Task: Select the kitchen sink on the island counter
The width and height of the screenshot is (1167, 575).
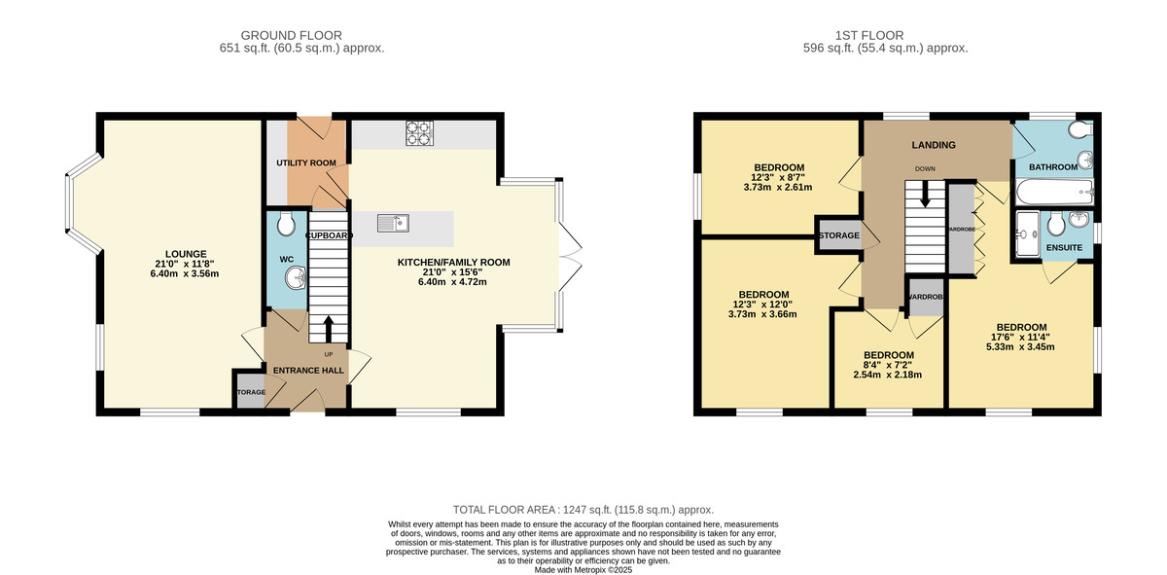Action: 393,224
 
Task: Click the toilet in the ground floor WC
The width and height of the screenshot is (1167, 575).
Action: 286,225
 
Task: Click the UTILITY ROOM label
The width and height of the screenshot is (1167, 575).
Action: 305,162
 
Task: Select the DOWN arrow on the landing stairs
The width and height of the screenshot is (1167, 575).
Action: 925,194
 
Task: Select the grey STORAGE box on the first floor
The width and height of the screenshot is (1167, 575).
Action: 838,235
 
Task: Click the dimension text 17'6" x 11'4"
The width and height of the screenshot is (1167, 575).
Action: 1021,338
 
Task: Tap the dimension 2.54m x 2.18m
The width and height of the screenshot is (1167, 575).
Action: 887,375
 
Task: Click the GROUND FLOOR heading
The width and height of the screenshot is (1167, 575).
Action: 291,35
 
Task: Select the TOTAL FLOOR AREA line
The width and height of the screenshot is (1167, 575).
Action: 583,510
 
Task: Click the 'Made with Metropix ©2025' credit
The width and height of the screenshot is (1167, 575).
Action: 583,570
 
